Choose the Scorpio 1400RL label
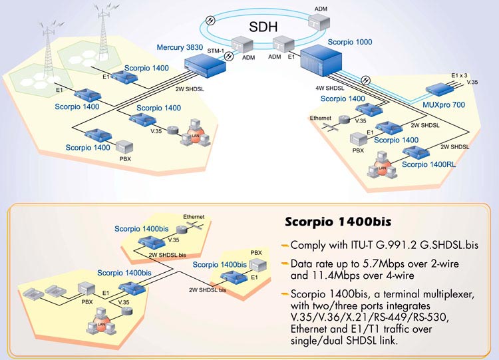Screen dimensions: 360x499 click(428, 164)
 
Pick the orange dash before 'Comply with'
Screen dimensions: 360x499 click(285, 244)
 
